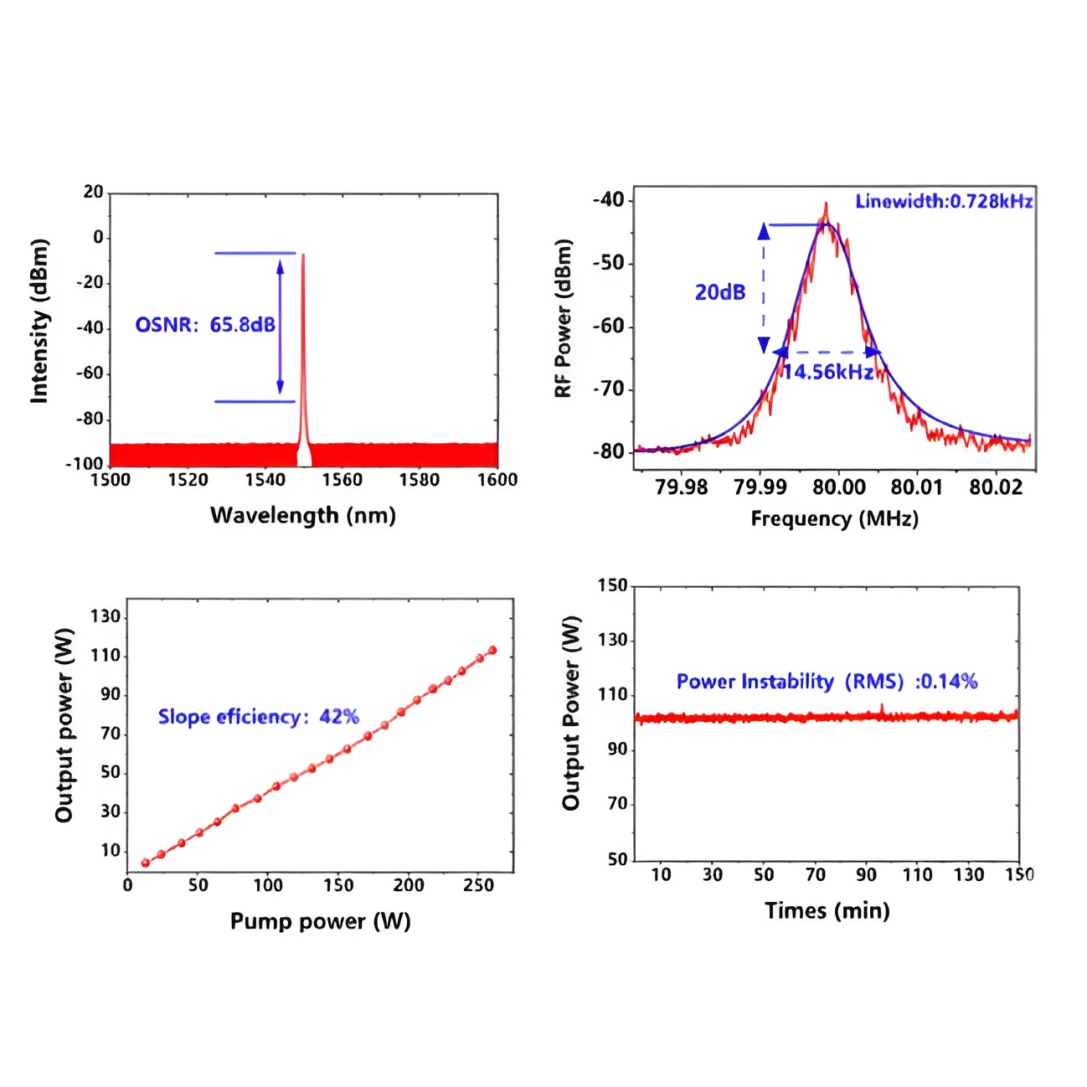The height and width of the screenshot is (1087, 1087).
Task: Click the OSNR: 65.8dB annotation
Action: pyautogui.click(x=205, y=325)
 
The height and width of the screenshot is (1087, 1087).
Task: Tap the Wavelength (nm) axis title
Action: pyautogui.click(x=302, y=515)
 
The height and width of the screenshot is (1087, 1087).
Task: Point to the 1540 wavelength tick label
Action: pyautogui.click(x=265, y=480)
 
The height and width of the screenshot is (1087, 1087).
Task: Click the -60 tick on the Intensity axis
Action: pyautogui.click(x=90, y=373)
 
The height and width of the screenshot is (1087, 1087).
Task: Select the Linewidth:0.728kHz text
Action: pyautogui.click(x=943, y=201)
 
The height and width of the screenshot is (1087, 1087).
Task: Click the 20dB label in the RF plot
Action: pyautogui.click(x=720, y=292)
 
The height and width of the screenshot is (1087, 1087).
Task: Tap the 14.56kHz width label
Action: pyautogui.click(x=827, y=372)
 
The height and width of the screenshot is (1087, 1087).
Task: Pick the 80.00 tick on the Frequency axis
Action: pyautogui.click(x=839, y=487)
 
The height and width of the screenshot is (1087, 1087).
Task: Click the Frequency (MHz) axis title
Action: pyautogui.click(x=834, y=519)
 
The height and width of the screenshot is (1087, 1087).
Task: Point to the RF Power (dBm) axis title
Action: pyautogui.click(x=564, y=318)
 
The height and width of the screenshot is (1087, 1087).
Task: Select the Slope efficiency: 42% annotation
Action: pyautogui.click(x=258, y=717)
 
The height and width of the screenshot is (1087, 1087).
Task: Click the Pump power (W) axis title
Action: pyautogui.click(x=320, y=922)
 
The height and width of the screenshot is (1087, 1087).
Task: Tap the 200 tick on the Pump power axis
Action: pyautogui.click(x=409, y=885)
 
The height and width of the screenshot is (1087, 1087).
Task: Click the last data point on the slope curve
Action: pyautogui.click(x=492, y=650)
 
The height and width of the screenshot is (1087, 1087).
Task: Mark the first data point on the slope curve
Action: pyautogui.click(x=145, y=863)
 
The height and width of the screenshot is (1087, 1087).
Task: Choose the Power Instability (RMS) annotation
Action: pyautogui.click(x=827, y=682)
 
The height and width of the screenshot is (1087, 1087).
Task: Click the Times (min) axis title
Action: pyautogui.click(x=827, y=911)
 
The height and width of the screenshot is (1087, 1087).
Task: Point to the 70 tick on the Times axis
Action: pyautogui.click(x=815, y=875)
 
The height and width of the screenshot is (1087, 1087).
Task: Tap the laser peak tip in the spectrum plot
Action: pyautogui.click(x=303, y=255)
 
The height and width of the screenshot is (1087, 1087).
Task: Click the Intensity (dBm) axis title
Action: pyautogui.click(x=39, y=321)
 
